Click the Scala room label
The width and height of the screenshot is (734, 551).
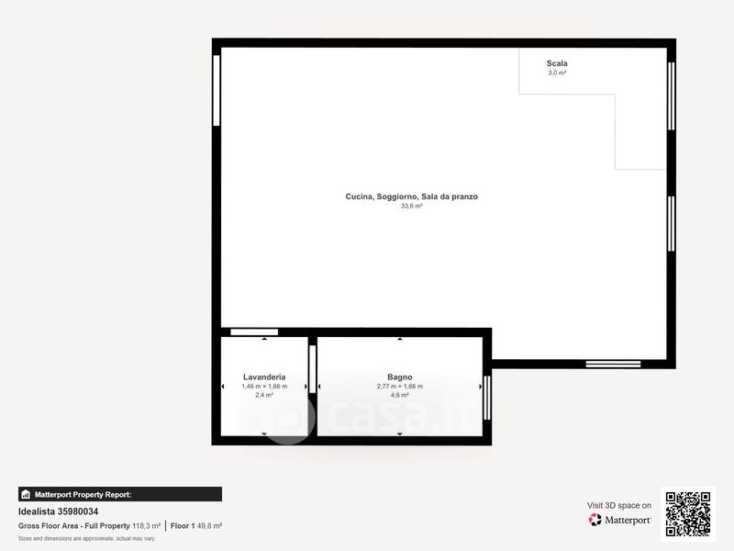[x=557, y=63]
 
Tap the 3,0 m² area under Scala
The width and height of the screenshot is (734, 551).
[x=557, y=73]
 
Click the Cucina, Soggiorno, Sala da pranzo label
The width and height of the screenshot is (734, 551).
[x=411, y=197]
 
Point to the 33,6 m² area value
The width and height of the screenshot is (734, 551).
[x=411, y=206]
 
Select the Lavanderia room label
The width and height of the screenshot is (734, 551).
[x=264, y=377]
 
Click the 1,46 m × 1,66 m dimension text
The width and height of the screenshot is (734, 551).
[x=264, y=387]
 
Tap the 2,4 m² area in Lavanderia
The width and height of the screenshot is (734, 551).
[x=264, y=396]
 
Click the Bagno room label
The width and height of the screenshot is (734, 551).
[x=400, y=377]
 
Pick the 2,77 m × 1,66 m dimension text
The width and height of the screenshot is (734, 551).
[x=400, y=387]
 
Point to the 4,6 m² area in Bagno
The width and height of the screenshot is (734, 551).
[x=400, y=396]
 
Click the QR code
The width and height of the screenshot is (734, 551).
[x=688, y=514]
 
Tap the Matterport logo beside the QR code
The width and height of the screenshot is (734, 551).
[x=619, y=520]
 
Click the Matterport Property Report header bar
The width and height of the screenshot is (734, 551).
[x=120, y=494]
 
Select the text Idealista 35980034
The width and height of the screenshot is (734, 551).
[x=58, y=512]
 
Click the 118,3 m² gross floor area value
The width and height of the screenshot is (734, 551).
[x=146, y=526]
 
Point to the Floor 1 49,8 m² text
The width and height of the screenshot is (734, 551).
[x=196, y=526]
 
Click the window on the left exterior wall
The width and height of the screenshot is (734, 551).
[x=217, y=90]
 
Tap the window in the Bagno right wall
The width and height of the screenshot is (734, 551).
[x=487, y=398]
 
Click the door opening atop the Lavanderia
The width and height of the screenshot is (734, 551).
[x=254, y=332]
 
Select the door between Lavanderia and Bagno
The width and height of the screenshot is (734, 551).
[x=313, y=369]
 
